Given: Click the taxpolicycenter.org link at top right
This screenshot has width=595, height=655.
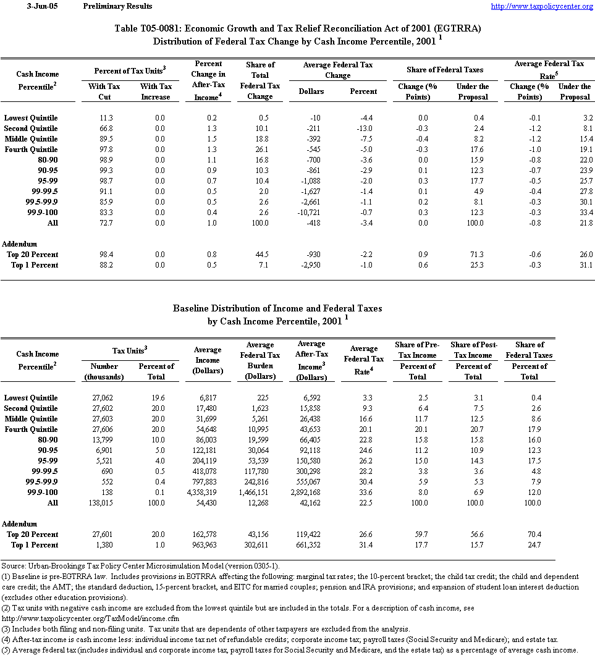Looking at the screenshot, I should tap(541, 6).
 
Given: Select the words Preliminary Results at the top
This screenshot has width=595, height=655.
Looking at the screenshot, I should tap(117, 6).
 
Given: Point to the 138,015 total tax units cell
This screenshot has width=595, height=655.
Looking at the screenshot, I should tap(104, 503).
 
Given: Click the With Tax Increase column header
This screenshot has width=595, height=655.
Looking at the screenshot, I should tap(156, 91).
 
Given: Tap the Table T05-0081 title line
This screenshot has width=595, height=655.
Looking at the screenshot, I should tap(298, 29).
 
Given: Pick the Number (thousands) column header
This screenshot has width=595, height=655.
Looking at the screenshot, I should tap(104, 372).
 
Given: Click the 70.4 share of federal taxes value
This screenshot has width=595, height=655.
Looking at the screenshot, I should tap(533, 535).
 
